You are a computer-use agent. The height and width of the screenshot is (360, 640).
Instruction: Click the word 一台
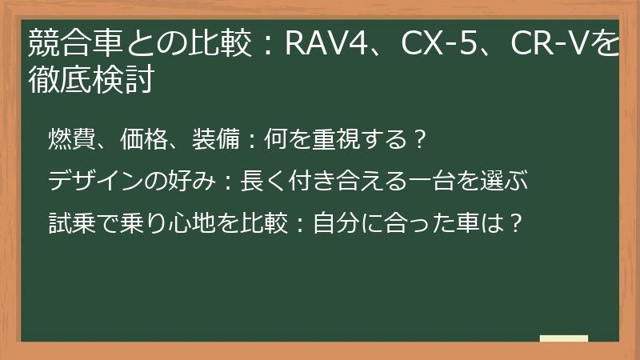point(443,180)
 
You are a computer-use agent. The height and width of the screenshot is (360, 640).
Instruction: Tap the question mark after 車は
point(516,220)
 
